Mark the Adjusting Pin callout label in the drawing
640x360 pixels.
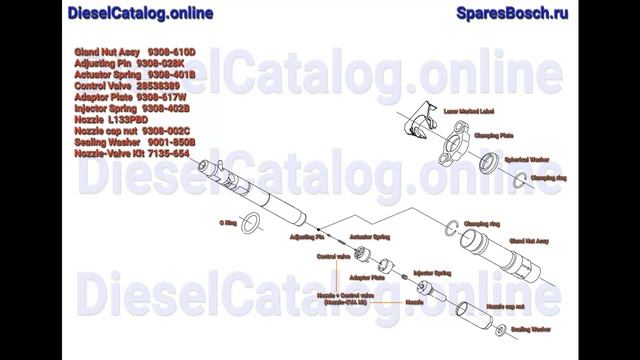coord(306,237)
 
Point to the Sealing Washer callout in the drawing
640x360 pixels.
coord(531,327)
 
